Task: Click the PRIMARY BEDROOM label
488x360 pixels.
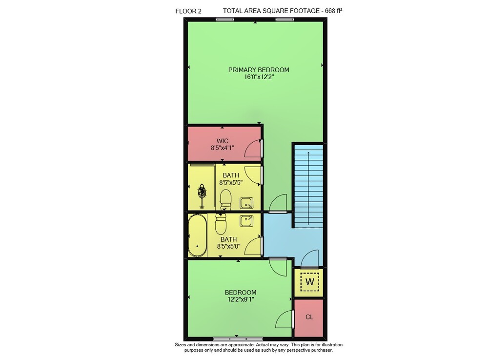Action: click(259, 70)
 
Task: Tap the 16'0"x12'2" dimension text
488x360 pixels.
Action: click(259, 77)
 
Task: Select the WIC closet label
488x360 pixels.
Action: click(222, 141)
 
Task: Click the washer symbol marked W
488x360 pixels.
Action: click(310, 282)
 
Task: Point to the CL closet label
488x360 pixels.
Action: click(309, 317)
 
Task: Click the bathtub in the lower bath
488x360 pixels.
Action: click(197, 235)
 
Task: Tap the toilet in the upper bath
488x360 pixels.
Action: click(225, 200)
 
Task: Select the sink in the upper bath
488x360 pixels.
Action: click(246, 203)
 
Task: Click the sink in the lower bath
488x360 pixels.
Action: click(246, 221)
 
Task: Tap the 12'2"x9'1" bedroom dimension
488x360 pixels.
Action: click(241, 299)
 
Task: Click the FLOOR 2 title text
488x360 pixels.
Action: click(188, 11)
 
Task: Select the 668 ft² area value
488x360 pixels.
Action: click(333, 11)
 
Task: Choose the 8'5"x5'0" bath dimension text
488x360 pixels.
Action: click(229, 247)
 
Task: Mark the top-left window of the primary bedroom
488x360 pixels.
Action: click(225, 20)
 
